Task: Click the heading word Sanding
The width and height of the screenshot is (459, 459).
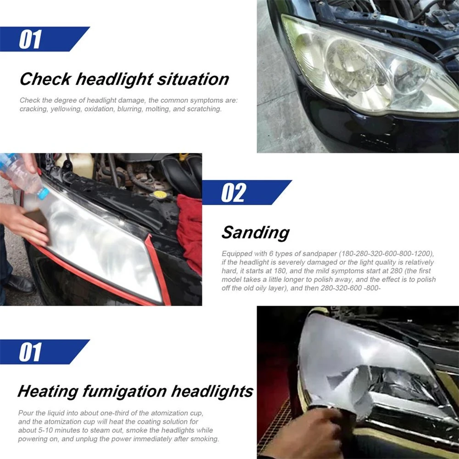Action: coord(256,233)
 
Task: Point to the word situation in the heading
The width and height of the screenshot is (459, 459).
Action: coord(193,79)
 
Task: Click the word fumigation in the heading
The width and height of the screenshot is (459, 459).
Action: coord(124,392)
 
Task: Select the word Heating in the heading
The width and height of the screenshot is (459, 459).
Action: coord(48,392)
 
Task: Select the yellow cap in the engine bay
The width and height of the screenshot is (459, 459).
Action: coord(160,194)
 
